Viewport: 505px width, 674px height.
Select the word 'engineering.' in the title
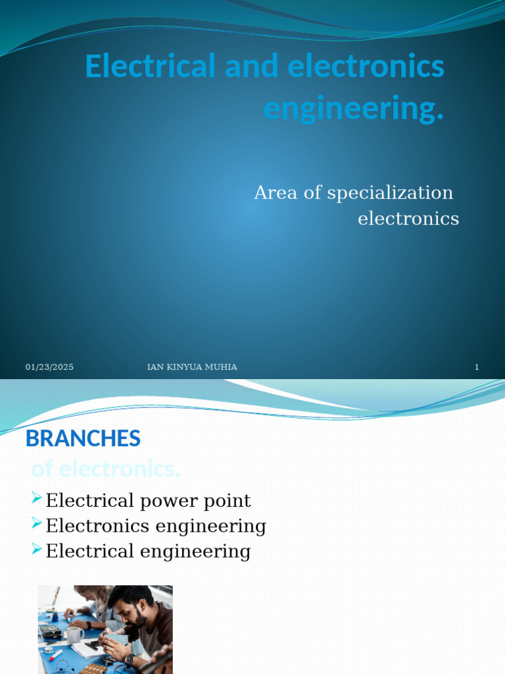[354, 109]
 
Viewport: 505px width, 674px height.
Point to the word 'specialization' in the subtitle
[390, 193]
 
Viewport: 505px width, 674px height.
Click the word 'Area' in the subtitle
[276, 193]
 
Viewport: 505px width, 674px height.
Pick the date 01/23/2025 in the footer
[49, 367]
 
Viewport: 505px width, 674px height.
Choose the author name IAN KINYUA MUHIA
[192, 367]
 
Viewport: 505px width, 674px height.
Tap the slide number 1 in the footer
[477, 367]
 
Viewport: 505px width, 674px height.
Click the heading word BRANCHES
[83, 438]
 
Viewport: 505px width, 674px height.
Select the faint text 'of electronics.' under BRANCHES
[106, 469]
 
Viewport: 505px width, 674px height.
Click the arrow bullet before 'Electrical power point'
[37, 498]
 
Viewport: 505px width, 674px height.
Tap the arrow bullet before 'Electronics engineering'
[37, 524]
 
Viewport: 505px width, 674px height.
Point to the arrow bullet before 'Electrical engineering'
[37, 549]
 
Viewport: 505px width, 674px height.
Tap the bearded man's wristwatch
[130, 659]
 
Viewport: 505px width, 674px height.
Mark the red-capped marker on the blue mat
[55, 654]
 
